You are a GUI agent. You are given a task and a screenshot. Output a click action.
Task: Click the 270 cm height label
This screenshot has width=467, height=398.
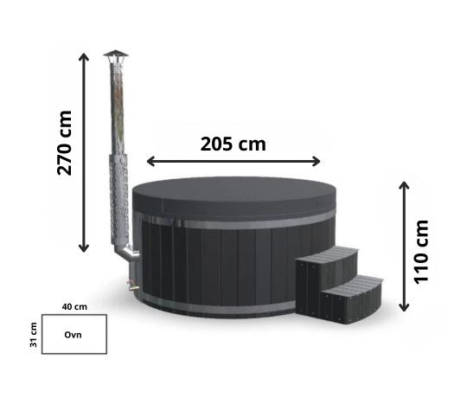pos(65,143)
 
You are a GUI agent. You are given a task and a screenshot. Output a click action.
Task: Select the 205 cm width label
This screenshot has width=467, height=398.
pos(233,144)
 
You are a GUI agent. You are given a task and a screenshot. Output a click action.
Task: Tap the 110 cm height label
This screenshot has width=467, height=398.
pos(421,252)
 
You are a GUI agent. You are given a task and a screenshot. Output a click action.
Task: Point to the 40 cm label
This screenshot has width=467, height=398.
pos(74,306)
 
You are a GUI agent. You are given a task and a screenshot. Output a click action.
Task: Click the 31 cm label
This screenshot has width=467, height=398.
pos(34,335)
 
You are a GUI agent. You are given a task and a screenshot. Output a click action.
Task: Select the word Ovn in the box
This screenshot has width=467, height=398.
pos(73,335)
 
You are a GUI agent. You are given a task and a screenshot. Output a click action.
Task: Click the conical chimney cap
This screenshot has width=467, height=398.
pos(116,54)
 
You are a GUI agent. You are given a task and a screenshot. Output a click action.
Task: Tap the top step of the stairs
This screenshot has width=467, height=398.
pos(328,254)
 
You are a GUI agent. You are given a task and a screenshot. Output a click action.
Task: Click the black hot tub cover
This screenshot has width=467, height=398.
pos(234,197)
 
